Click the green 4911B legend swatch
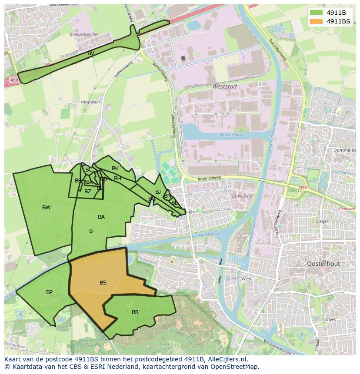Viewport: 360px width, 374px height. pyautogui.click(x=317, y=13)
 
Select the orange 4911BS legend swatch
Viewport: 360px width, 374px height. pyautogui.click(x=317, y=21)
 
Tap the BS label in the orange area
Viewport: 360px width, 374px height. pyautogui.click(x=103, y=283)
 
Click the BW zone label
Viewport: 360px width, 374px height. pyautogui.click(x=47, y=208)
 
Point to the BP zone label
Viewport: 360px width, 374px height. pyautogui.click(x=50, y=292)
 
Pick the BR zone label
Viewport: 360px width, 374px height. pyautogui.click(x=135, y=312)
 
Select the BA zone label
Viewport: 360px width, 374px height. pyautogui.click(x=101, y=217)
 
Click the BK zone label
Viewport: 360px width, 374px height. pyautogui.click(x=115, y=169)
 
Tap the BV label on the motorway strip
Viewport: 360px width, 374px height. pyautogui.click(x=91, y=53)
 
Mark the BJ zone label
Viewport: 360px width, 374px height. pyautogui.click(x=158, y=192)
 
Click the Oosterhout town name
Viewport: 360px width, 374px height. pyautogui.click(x=323, y=264)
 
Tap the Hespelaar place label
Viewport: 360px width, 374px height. pyautogui.click(x=90, y=103)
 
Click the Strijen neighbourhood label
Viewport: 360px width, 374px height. pyautogui.click(x=323, y=221)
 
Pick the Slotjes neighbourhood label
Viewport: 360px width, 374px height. pyautogui.click(x=329, y=319)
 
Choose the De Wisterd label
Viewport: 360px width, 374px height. pyautogui.click(x=242, y=196)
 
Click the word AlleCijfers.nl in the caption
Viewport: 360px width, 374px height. pyautogui.click(x=226, y=359)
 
